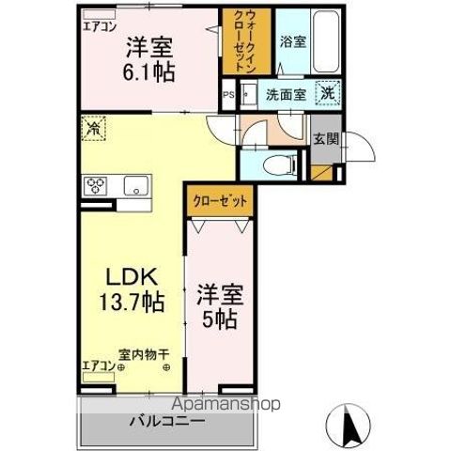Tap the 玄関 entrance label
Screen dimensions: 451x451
[325, 139]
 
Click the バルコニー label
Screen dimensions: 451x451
[166, 420]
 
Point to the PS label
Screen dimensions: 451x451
[227, 94]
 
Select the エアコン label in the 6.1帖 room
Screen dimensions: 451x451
[100, 26]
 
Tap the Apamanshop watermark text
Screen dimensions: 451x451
[225, 405]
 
